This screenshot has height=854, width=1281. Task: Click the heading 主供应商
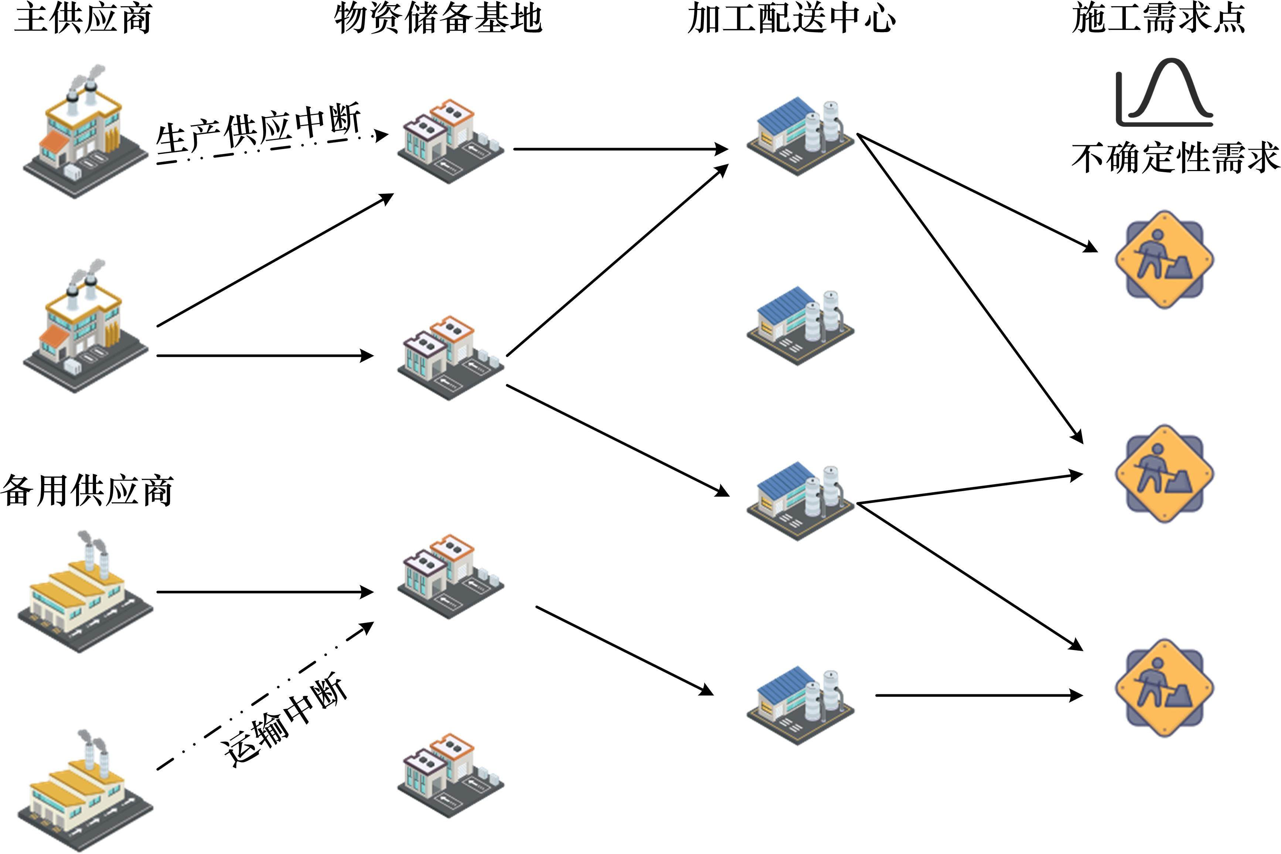coord(83,19)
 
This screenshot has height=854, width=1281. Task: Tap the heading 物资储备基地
coord(438,19)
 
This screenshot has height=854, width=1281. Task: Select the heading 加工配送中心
coord(791,19)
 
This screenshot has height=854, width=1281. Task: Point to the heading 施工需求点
coord(1158,19)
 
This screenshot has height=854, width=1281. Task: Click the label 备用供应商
coord(87,490)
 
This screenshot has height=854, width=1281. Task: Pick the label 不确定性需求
coord(1175,158)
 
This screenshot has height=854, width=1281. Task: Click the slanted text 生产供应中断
coord(259,131)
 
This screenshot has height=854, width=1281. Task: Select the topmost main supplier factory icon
coord(84,133)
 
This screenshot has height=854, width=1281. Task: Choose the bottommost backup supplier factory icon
coord(84,790)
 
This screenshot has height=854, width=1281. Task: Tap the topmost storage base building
coord(450,142)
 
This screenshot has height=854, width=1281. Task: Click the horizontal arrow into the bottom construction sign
coord(978,695)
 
